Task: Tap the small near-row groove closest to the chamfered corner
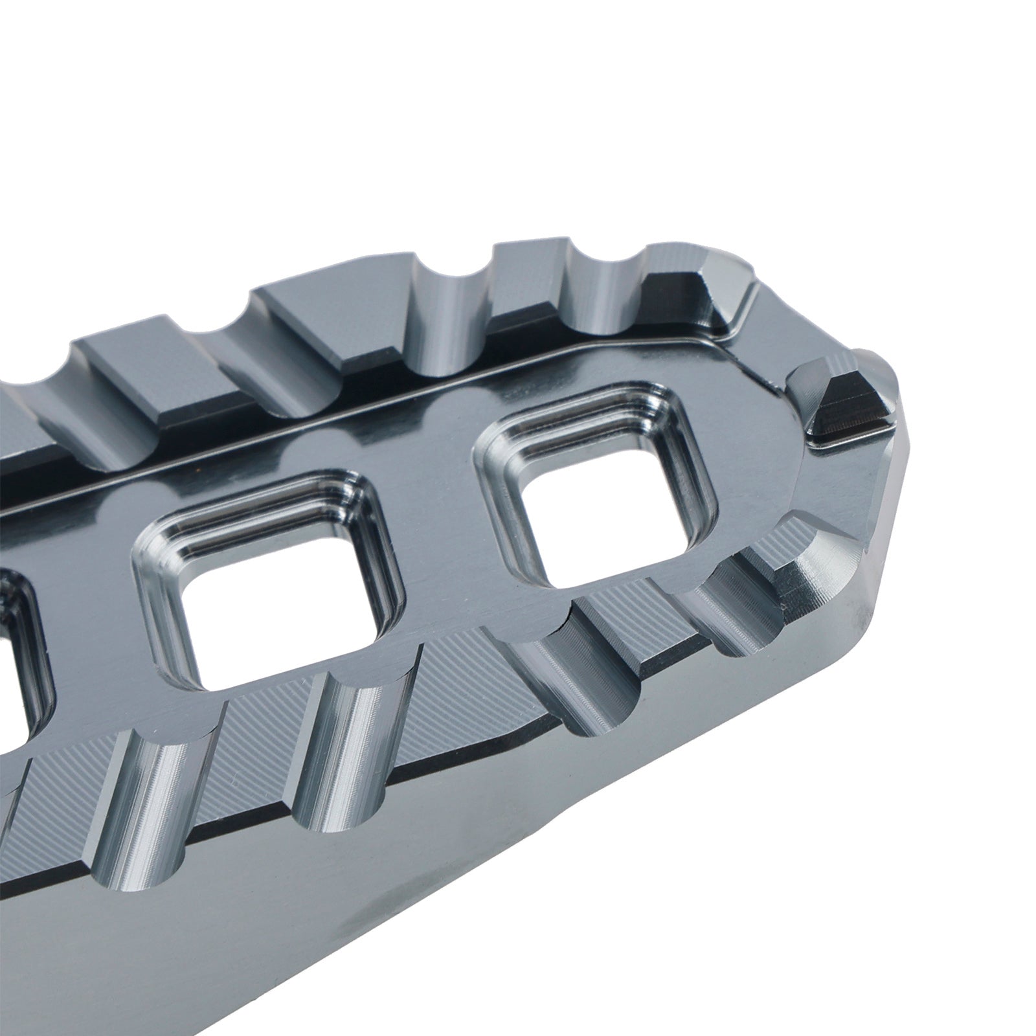point(738,609)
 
